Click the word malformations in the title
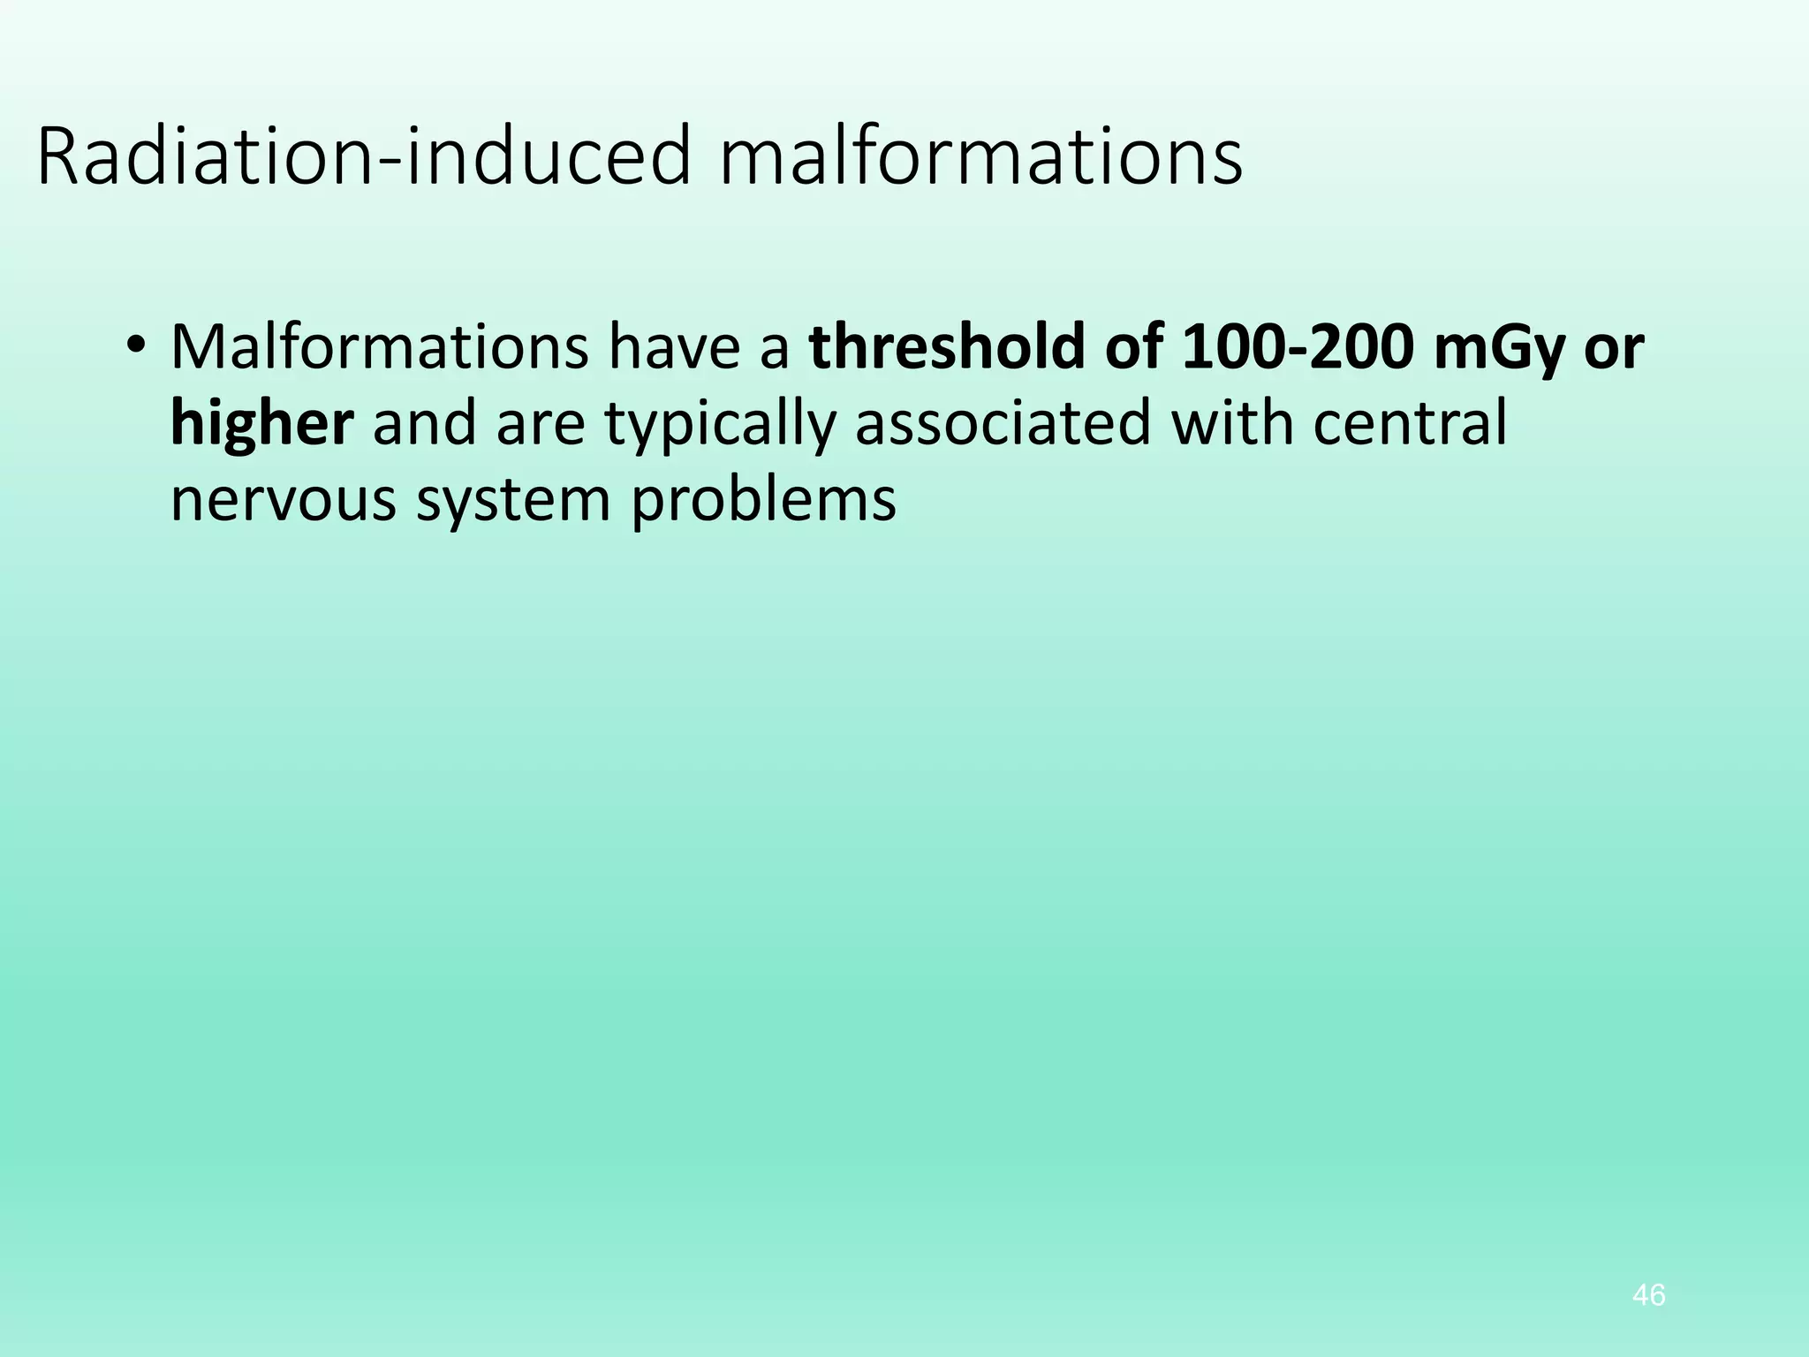point(980,157)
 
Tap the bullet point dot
point(134,346)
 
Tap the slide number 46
point(1649,1296)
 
